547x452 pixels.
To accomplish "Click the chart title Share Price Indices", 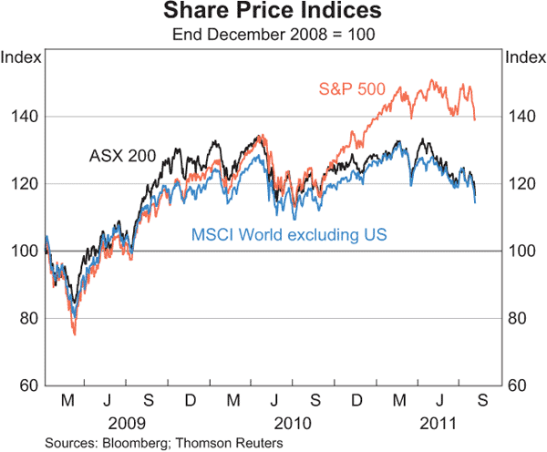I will (x=273, y=13).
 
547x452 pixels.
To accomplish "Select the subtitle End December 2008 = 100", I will (x=273, y=35).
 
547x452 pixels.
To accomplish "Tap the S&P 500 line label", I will (x=352, y=89).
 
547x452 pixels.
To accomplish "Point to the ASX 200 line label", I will (x=122, y=156).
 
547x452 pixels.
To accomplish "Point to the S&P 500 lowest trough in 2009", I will (x=74, y=334).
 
